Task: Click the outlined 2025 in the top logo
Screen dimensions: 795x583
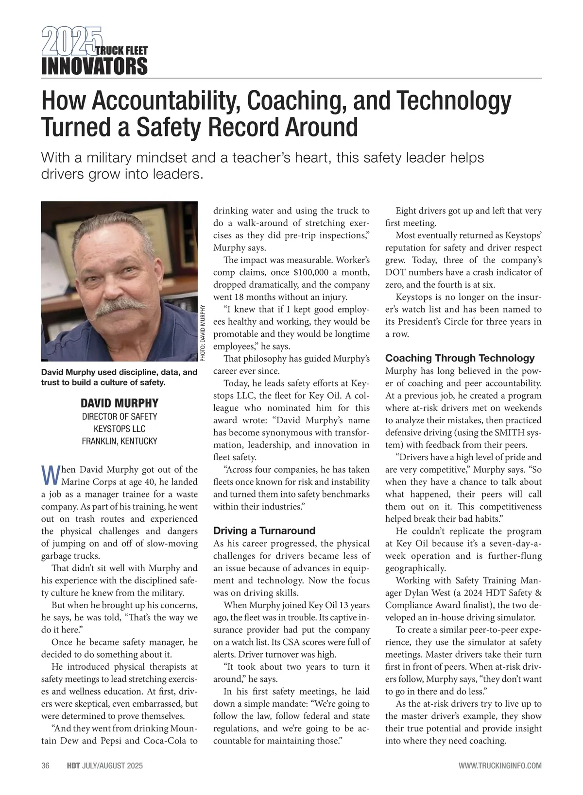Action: [x=71, y=41]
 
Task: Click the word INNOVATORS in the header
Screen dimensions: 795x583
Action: [x=94, y=66]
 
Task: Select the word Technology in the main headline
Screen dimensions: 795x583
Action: [x=454, y=100]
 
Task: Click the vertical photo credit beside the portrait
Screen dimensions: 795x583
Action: [x=203, y=332]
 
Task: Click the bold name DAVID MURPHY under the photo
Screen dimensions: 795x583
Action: [x=120, y=403]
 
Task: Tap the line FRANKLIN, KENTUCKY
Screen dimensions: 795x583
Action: [x=120, y=441]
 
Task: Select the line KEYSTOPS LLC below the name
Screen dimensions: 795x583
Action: [x=120, y=429]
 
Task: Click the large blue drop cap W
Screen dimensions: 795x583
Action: [x=51, y=475]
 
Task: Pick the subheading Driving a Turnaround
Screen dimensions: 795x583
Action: [x=264, y=530]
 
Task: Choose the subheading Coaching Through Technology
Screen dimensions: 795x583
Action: [x=460, y=358]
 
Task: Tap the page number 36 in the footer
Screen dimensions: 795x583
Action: [x=46, y=766]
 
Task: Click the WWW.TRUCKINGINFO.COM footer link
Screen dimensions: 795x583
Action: [x=500, y=766]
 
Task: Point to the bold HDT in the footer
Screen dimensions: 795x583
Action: [x=73, y=766]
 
